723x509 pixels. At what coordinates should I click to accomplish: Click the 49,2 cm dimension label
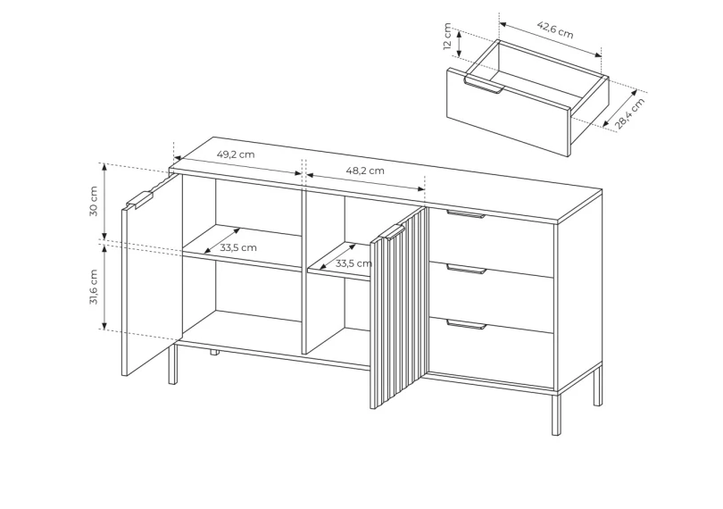pyautogui.click(x=236, y=154)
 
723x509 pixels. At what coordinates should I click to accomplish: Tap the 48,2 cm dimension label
pyautogui.click(x=365, y=171)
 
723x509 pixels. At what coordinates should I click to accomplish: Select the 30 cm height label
pyautogui.click(x=94, y=201)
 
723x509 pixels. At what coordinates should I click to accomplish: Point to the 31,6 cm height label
pyautogui.click(x=94, y=287)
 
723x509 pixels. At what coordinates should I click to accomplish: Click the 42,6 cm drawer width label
pyautogui.click(x=555, y=30)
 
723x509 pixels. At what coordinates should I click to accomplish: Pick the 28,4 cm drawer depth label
pyautogui.click(x=629, y=114)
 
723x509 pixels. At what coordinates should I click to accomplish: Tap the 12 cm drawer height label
pyautogui.click(x=447, y=36)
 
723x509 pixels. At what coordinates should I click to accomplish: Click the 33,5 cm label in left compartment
pyautogui.click(x=238, y=248)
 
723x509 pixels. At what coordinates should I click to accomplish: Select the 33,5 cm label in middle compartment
pyautogui.click(x=353, y=263)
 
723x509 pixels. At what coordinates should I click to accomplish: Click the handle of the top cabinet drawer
pyautogui.click(x=466, y=213)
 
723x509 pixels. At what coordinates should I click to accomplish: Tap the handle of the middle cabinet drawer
pyautogui.click(x=466, y=269)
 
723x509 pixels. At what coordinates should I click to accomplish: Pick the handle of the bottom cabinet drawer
pyautogui.click(x=466, y=324)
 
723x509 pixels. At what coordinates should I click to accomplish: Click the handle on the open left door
pyautogui.click(x=139, y=200)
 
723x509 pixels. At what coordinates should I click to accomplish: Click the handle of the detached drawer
pyautogui.click(x=484, y=87)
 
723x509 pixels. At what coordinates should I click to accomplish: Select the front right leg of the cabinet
pyautogui.click(x=557, y=413)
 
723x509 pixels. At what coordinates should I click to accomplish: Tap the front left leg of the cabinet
pyautogui.click(x=172, y=364)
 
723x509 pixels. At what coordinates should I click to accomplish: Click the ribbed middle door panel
pyautogui.click(x=399, y=308)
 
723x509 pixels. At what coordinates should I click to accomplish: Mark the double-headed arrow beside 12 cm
pyautogui.click(x=459, y=44)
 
